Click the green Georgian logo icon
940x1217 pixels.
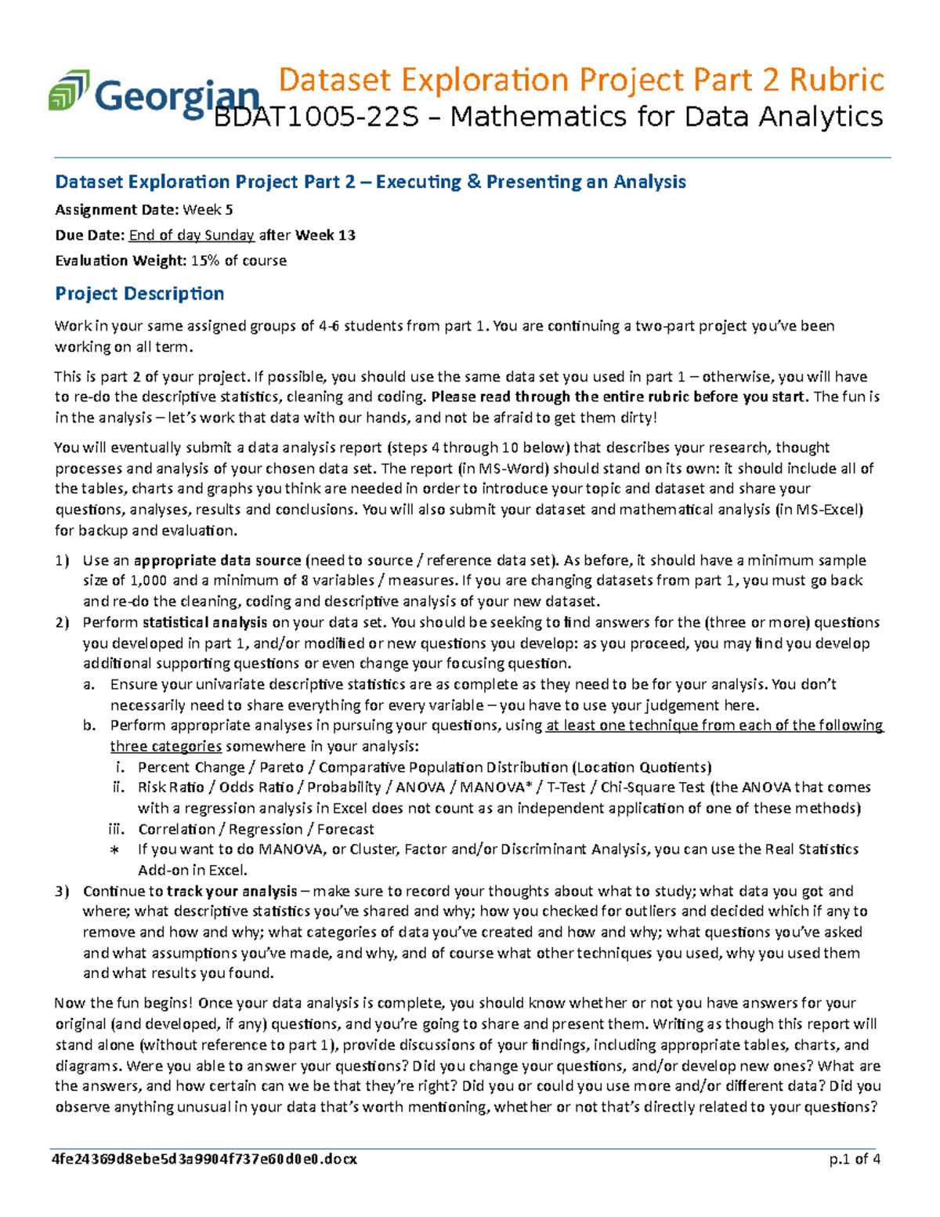pyautogui.click(x=69, y=90)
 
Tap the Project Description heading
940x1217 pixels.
pyautogui.click(x=139, y=294)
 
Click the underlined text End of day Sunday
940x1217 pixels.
pyautogui.click(x=191, y=235)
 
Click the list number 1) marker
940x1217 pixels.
pyautogui.click(x=62, y=560)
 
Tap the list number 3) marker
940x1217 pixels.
pyautogui.click(x=62, y=891)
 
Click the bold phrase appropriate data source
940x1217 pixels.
pyautogui.click(x=218, y=560)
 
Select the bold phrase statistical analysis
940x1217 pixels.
pyautogui.click(x=204, y=622)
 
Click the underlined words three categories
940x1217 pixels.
pyautogui.click(x=165, y=746)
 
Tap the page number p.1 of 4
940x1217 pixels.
pyautogui.click(x=855, y=1159)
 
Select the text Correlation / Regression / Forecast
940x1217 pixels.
pyautogui.click(x=256, y=829)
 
